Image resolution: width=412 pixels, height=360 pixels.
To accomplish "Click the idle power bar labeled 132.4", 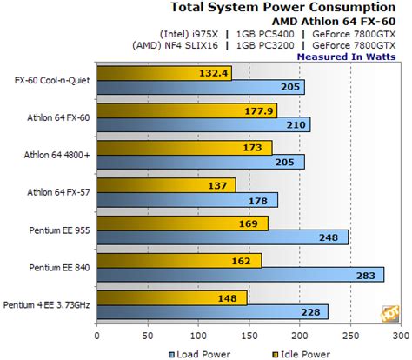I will click(x=164, y=73).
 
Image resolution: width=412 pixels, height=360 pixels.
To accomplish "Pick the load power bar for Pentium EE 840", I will click(x=240, y=275).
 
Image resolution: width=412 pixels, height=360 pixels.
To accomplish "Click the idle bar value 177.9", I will click(x=259, y=110).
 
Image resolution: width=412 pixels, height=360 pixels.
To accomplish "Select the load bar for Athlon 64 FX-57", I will click(x=187, y=200).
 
